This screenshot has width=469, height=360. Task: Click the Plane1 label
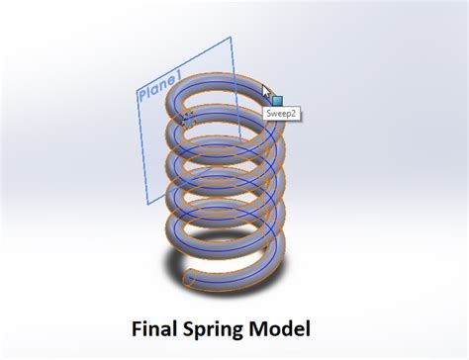click(x=158, y=87)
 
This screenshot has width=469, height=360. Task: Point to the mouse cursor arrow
click(x=265, y=93)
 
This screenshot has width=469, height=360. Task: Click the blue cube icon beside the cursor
click(x=277, y=100)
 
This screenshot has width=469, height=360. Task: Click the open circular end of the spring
click(x=189, y=280)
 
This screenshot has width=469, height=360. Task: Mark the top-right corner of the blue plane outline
click(x=231, y=39)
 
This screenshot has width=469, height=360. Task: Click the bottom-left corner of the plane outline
click(x=148, y=204)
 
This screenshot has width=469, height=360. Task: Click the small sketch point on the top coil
click(x=188, y=116)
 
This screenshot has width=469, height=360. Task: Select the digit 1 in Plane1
click(x=176, y=77)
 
